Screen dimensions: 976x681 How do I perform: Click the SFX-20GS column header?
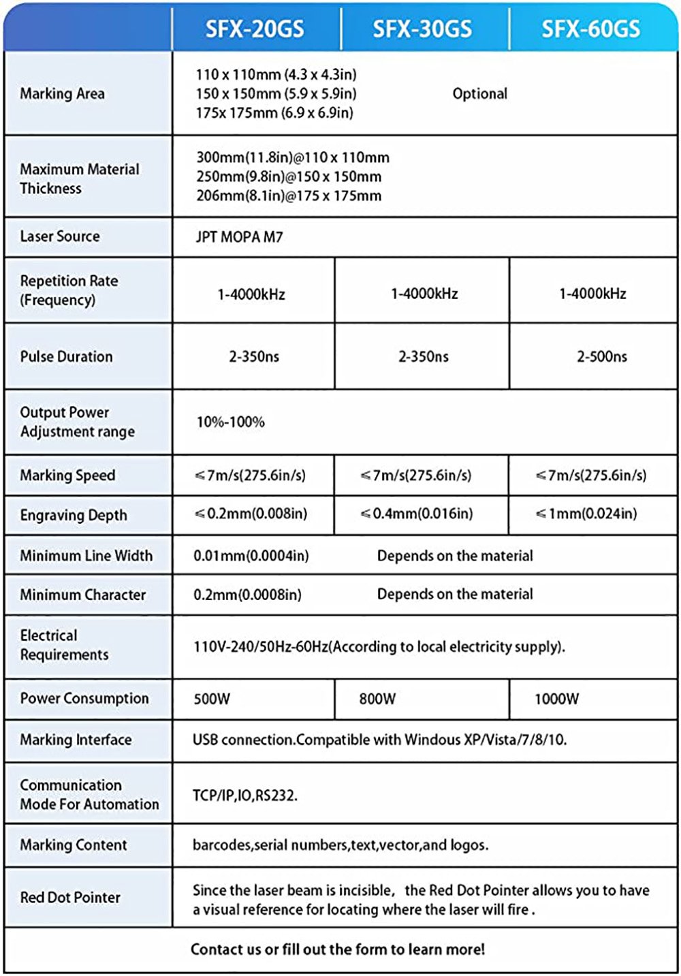click(x=255, y=29)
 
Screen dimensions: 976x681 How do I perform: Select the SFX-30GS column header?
click(x=422, y=29)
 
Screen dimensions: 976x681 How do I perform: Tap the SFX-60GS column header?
click(x=590, y=29)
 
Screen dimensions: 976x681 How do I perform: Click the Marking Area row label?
click(x=62, y=94)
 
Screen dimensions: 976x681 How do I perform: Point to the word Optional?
click(x=479, y=94)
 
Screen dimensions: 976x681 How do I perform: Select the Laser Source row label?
click(x=60, y=236)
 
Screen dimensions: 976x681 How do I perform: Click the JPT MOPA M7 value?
click(x=239, y=237)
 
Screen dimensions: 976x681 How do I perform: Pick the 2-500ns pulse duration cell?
click(x=602, y=356)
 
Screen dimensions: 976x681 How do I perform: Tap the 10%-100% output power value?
click(x=230, y=422)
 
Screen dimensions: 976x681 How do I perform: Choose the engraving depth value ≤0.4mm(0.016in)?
click(x=417, y=514)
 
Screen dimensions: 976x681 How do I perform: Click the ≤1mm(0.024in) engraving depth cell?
click(x=586, y=514)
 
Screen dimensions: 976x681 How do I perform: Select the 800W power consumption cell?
click(x=377, y=699)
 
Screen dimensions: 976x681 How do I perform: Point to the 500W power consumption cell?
click(x=212, y=699)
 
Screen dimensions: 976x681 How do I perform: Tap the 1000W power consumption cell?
click(x=556, y=699)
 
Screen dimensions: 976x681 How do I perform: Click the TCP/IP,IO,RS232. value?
click(x=245, y=796)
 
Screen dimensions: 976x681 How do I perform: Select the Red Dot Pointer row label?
click(x=70, y=898)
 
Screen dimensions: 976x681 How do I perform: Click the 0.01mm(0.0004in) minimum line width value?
click(x=251, y=556)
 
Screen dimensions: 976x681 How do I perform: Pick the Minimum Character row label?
click(x=82, y=595)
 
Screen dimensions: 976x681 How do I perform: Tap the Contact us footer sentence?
click(x=338, y=949)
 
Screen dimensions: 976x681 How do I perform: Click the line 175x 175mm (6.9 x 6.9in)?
click(x=274, y=113)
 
